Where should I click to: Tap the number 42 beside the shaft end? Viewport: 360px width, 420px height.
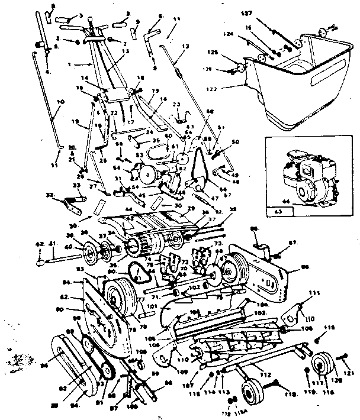click(38, 243)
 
